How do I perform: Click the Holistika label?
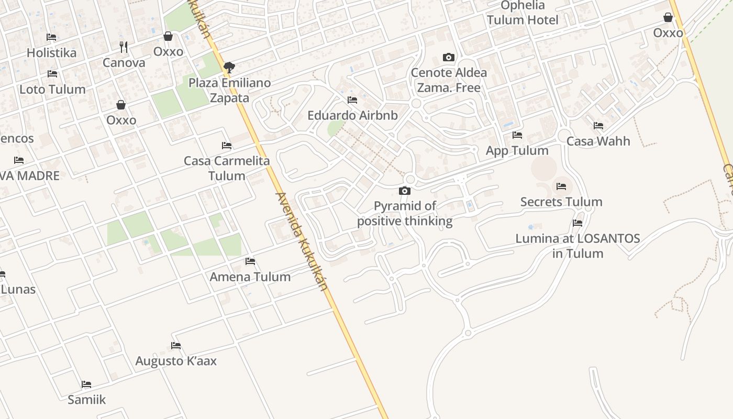51,53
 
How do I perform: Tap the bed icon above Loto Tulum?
52,74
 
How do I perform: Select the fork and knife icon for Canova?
124,47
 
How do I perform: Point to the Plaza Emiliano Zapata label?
230,90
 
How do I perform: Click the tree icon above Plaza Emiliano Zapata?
229,67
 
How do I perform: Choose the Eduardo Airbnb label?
352,115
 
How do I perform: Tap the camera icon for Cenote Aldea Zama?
449,58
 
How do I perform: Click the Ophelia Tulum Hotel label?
523,13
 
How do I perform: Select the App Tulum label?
517,151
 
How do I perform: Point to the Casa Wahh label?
598,141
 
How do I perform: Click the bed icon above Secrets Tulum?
561,186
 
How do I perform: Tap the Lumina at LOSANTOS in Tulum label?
577,246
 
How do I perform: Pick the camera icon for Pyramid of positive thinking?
405,191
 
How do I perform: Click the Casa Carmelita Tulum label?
227,168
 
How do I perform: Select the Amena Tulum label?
250,277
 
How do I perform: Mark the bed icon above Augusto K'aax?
176,346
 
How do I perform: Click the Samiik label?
86,400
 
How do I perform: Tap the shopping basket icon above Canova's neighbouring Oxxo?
168,36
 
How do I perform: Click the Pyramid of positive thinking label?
405,214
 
